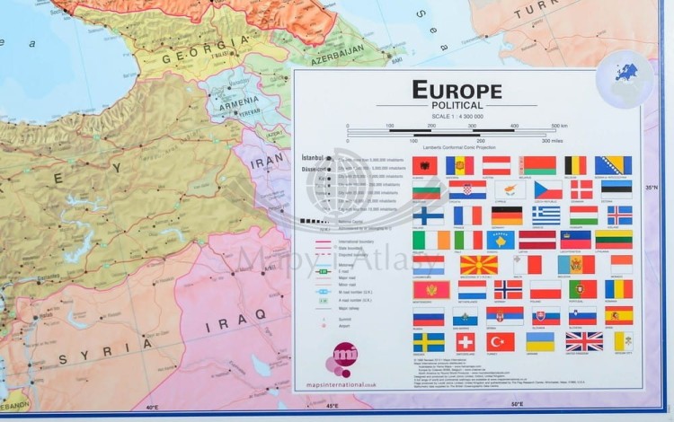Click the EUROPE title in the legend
[x=457, y=91]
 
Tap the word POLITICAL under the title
[x=457, y=106]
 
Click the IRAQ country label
[x=224, y=326]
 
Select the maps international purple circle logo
[x=344, y=356]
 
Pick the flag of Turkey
[x=501, y=342]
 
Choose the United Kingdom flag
[x=584, y=342]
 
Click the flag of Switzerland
[x=466, y=342]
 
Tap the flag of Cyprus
[x=510, y=190]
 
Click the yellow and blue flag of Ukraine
[x=540, y=342]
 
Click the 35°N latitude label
[x=652, y=187]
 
